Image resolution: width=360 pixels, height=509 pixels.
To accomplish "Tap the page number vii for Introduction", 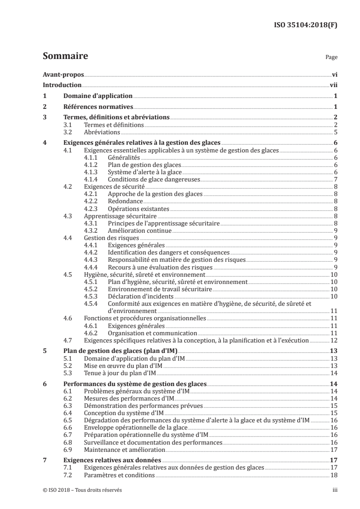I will pos(333,85).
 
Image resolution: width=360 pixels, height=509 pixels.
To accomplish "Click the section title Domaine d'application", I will pos(98,96).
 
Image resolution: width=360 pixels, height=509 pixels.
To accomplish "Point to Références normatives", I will pos(98,107).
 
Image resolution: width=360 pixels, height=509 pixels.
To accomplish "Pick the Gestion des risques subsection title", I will pos(112,237).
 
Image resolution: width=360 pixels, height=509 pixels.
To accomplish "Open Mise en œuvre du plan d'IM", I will pos(123,365).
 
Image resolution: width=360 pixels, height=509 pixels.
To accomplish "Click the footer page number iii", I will pos(334,490).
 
